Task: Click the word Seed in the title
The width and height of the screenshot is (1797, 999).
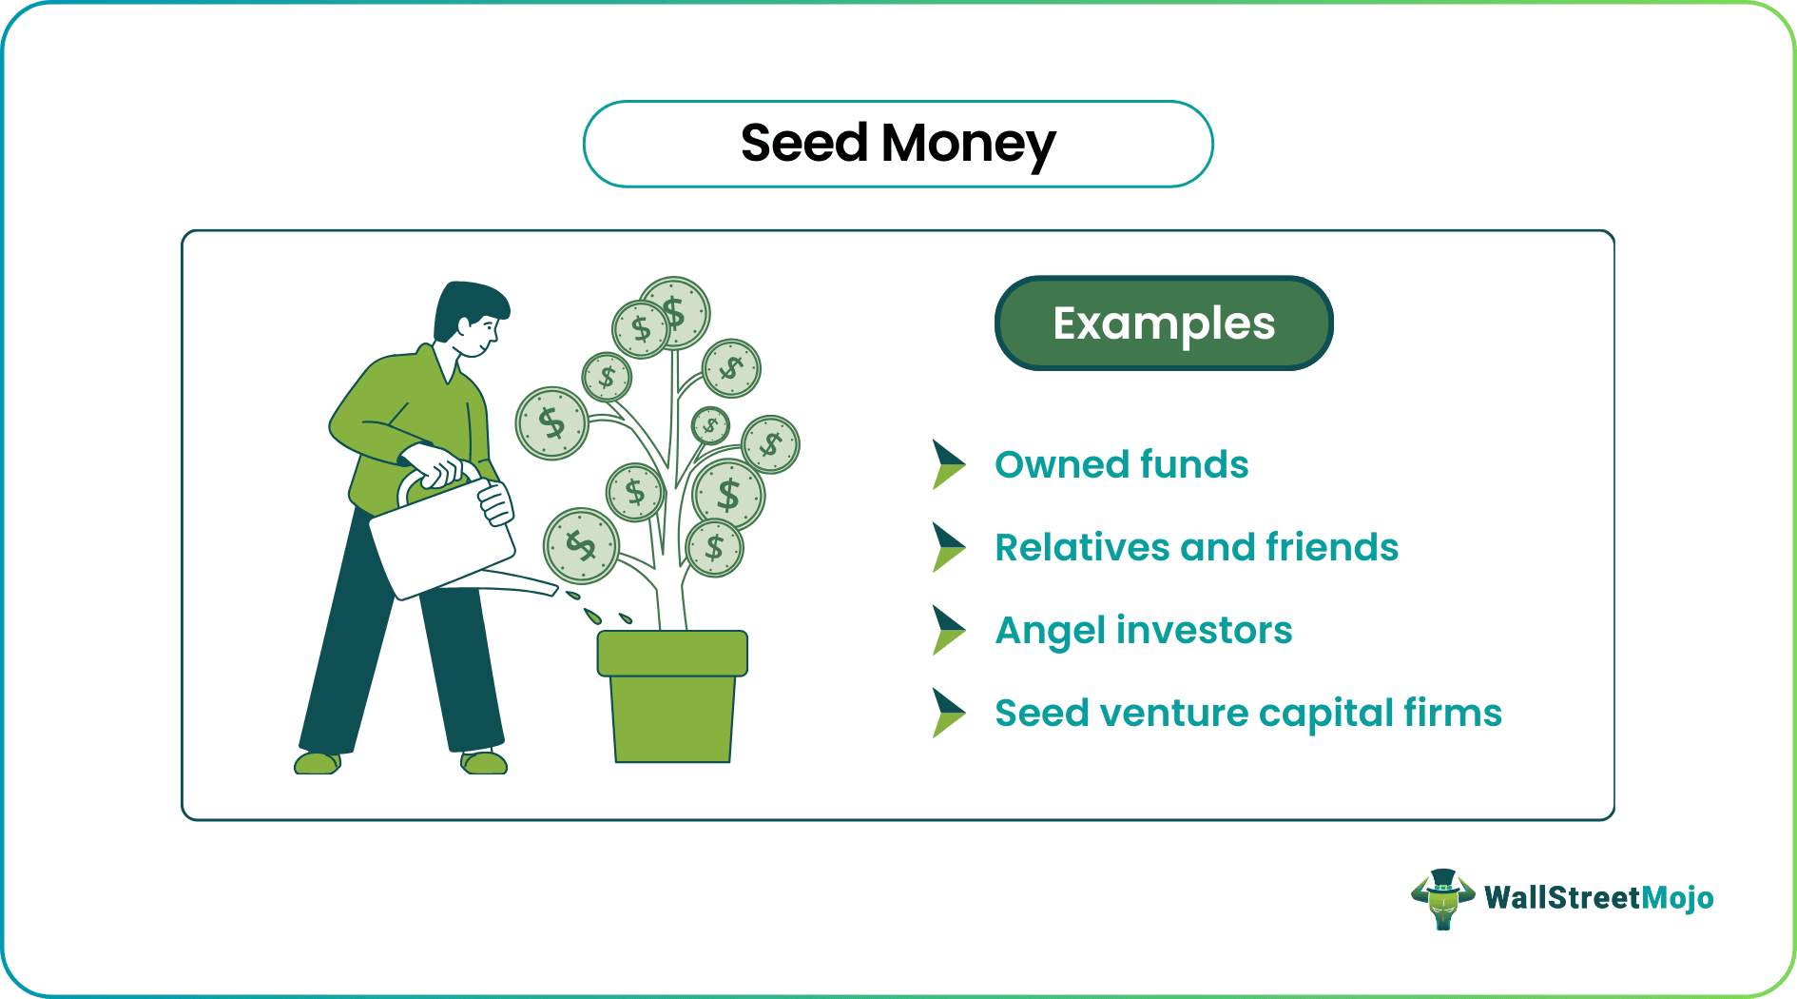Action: click(x=804, y=144)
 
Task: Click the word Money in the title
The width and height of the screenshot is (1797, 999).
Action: click(x=968, y=144)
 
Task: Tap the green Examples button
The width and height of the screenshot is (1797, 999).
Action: click(x=1164, y=323)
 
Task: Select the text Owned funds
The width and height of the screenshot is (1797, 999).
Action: click(x=1121, y=465)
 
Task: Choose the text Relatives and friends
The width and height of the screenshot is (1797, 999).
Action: click(x=1196, y=548)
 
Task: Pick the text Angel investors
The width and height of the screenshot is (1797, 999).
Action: click(x=1143, y=631)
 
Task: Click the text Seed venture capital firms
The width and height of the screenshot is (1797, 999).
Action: click(x=1247, y=714)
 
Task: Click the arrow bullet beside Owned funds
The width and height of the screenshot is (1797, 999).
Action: click(x=947, y=464)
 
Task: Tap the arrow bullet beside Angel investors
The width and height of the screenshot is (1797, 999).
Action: click(x=947, y=630)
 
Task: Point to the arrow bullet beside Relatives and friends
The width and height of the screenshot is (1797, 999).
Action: click(x=947, y=547)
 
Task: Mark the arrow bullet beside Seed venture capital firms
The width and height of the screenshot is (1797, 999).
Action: click(x=947, y=713)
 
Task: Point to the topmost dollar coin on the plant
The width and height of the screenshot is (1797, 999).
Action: click(x=675, y=310)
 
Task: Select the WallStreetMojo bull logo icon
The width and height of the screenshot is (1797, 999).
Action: click(x=1442, y=898)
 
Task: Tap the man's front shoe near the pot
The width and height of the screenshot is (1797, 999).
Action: click(x=484, y=762)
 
